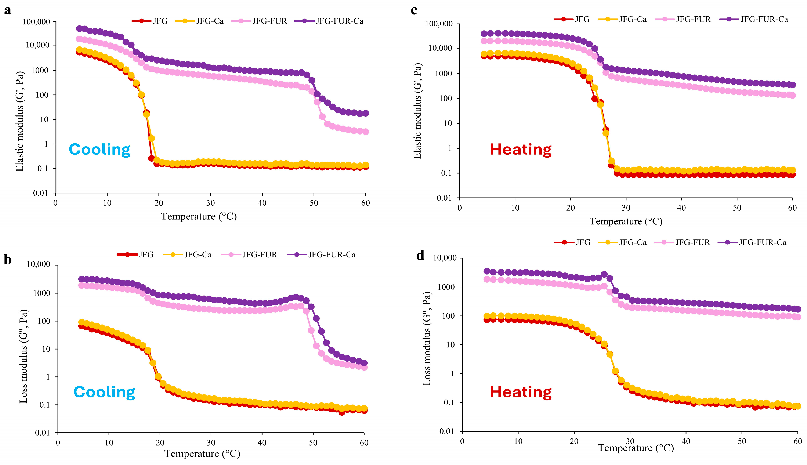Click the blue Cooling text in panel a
(x=99, y=150)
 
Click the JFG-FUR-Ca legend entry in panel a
(x=339, y=21)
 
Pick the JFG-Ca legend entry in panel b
(x=198, y=255)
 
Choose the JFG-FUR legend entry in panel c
(x=693, y=19)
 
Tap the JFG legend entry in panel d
(x=583, y=242)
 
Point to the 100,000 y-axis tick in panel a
(x=36, y=22)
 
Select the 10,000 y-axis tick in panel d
(x=445, y=258)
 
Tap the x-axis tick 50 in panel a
(x=314, y=203)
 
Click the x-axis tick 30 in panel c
(x=626, y=208)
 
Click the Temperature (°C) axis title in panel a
(x=199, y=217)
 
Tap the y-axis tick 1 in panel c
(x=450, y=148)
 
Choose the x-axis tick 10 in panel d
(x=518, y=441)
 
